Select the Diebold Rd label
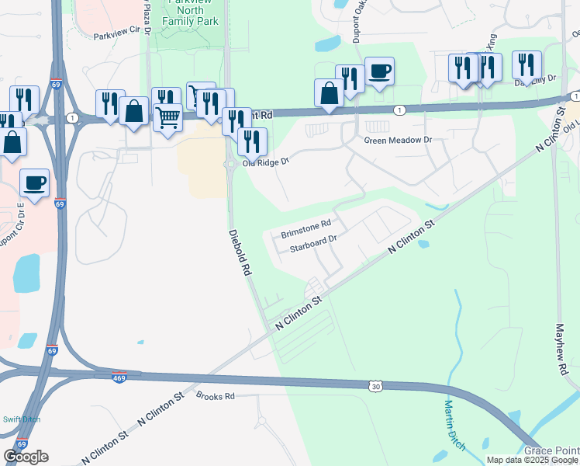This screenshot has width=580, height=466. click(241, 253)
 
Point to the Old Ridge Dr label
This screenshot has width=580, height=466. click(266, 162)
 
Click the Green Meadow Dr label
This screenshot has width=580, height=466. click(397, 141)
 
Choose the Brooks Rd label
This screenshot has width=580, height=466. click(215, 396)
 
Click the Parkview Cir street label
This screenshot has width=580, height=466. click(120, 35)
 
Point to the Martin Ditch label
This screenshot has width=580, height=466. click(452, 423)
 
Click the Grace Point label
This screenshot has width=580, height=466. click(553, 450)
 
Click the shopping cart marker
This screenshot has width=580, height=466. click(168, 117)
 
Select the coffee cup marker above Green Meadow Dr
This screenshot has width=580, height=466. click(379, 71)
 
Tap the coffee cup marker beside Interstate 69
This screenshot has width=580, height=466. click(34, 183)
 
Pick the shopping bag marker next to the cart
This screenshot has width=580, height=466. click(133, 110)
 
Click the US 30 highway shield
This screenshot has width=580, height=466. click(376, 385)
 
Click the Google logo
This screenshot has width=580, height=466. click(26, 457)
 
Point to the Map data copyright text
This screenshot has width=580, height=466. click(532, 460)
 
